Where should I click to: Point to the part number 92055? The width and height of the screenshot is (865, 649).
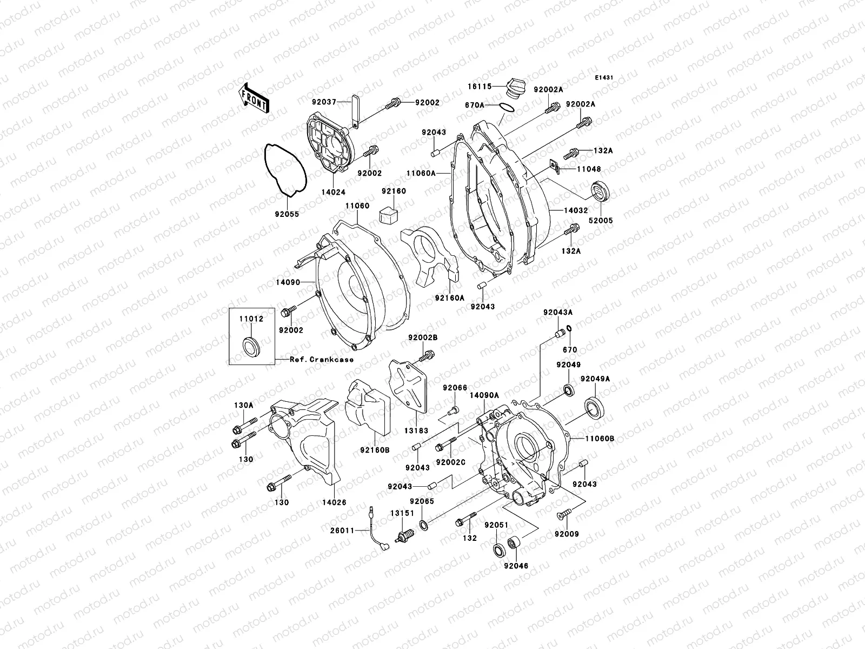click(x=286, y=214)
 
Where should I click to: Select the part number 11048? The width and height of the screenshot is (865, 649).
click(x=589, y=169)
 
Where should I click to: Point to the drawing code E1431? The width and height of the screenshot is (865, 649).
click(x=604, y=78)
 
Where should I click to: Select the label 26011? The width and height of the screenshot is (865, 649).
click(x=342, y=531)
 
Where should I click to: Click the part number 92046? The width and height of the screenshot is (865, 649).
click(x=516, y=566)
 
